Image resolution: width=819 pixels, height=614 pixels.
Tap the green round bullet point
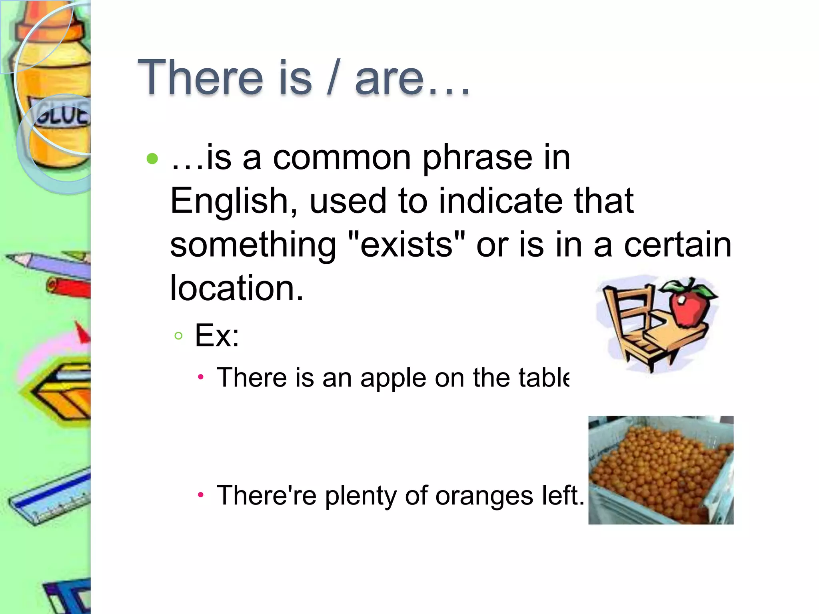tap(152, 159)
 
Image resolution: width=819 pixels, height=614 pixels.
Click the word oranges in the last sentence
tap(484, 496)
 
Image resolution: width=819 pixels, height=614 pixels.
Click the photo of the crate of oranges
tap(661, 470)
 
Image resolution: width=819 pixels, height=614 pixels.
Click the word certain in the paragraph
tap(677, 245)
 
